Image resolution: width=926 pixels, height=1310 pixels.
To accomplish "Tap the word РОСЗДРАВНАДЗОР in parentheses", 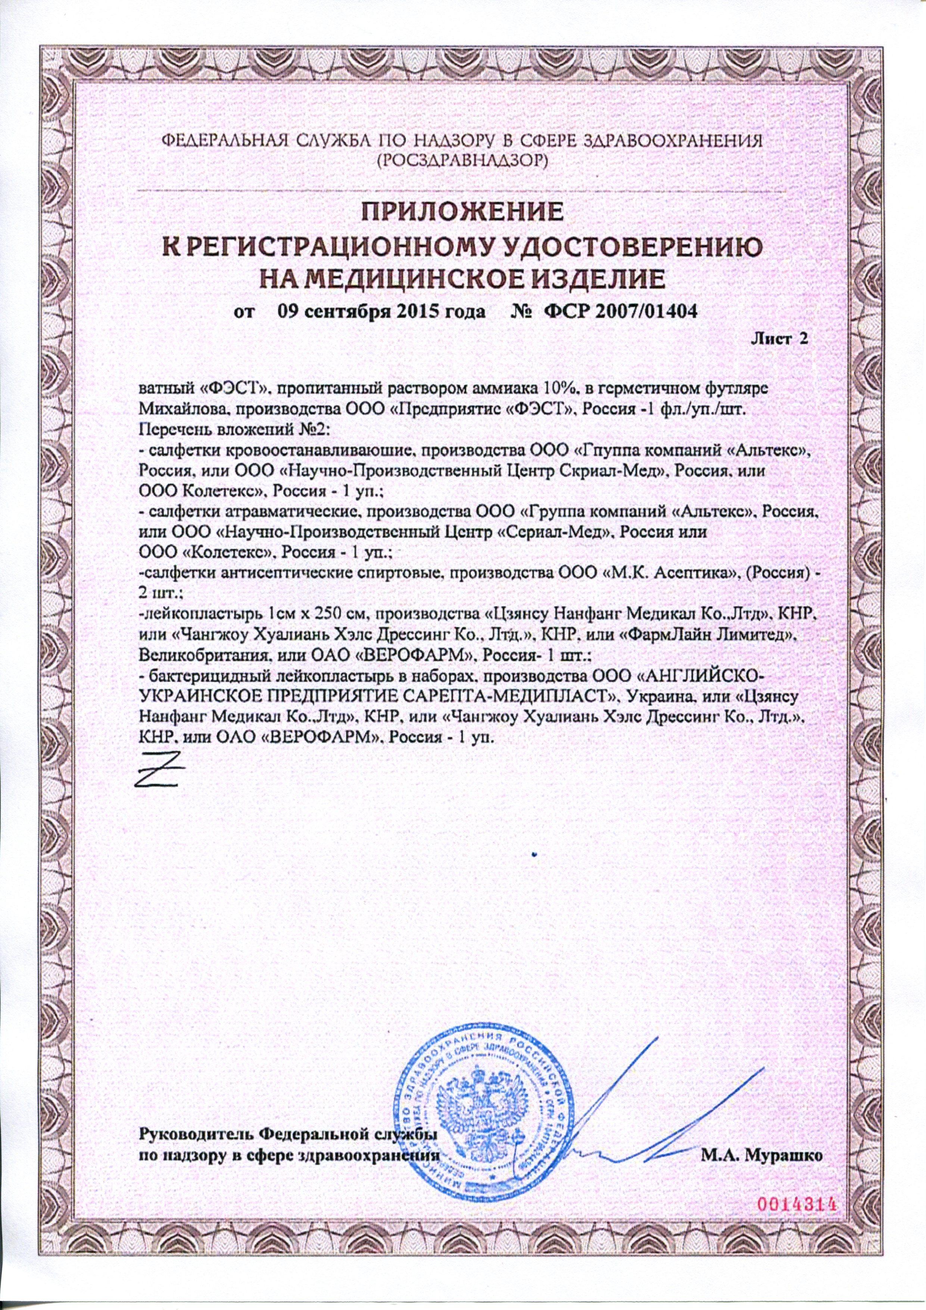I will pos(463,162).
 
